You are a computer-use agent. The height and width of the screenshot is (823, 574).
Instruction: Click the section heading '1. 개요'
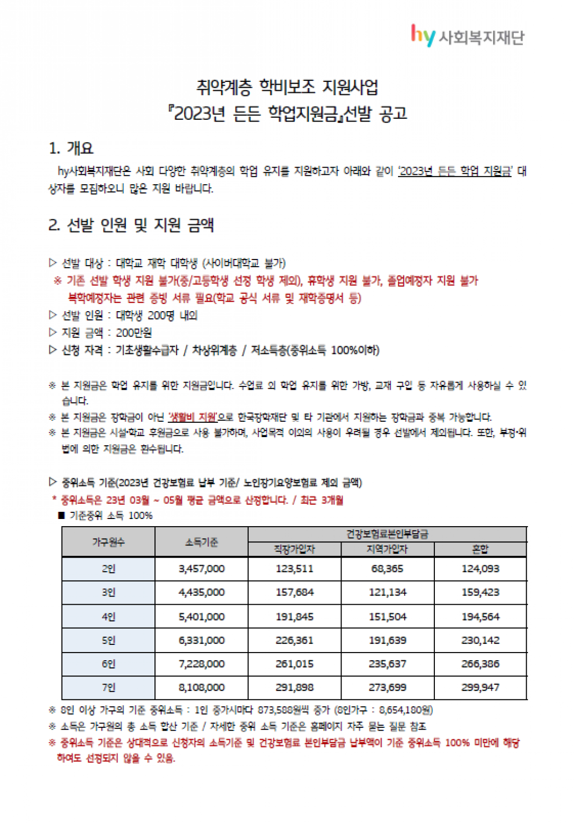[x=71, y=148]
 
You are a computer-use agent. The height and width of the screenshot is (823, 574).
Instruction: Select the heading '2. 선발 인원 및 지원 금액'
[x=131, y=225]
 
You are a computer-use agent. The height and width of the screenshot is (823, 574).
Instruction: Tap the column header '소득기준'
[x=201, y=542]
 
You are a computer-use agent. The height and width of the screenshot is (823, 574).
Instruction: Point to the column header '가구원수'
[x=108, y=542]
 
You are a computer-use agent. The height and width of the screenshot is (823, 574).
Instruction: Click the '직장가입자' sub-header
[x=294, y=549]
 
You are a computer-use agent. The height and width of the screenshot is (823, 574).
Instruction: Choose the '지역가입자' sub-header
[x=387, y=549]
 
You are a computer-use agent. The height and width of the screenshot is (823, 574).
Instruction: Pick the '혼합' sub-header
[x=480, y=549]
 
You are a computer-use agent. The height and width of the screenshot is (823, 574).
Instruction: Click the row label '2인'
[x=108, y=569]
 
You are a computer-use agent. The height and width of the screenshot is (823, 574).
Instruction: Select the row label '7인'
[x=108, y=688]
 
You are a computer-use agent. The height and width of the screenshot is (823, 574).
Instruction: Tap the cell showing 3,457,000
[x=201, y=569]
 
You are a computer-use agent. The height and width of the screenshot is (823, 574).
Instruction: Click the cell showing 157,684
[x=294, y=593]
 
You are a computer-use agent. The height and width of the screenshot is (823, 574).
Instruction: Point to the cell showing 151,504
[x=387, y=617]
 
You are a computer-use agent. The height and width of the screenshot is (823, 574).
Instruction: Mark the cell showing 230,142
[x=480, y=640]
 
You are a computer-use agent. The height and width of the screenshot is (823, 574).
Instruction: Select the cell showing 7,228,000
[x=201, y=664]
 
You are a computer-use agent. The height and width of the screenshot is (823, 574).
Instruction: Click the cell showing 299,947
[x=480, y=688]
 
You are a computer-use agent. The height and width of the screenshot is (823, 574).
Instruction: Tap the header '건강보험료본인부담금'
[x=387, y=534]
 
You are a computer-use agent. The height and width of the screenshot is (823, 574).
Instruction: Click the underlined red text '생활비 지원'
[x=193, y=417]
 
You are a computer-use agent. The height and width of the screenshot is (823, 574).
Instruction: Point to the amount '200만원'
[x=134, y=333]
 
